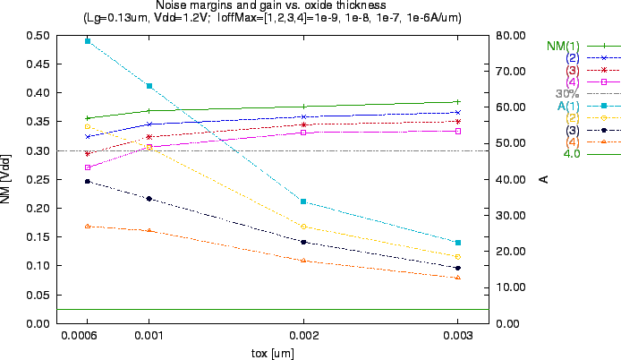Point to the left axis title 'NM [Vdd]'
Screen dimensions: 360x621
pyautogui.click(x=7, y=179)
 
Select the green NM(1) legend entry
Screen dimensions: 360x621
pyautogui.click(x=564, y=46)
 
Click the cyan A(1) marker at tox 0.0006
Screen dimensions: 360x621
pyautogui.click(x=87, y=41)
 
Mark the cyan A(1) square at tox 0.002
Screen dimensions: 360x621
pyautogui.click(x=303, y=201)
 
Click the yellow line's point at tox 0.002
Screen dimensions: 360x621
pyautogui.click(x=303, y=226)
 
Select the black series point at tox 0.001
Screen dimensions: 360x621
pyautogui.click(x=149, y=199)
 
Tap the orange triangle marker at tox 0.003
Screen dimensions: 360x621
pyautogui.click(x=457, y=278)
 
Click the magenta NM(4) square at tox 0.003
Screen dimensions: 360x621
pyautogui.click(x=457, y=131)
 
